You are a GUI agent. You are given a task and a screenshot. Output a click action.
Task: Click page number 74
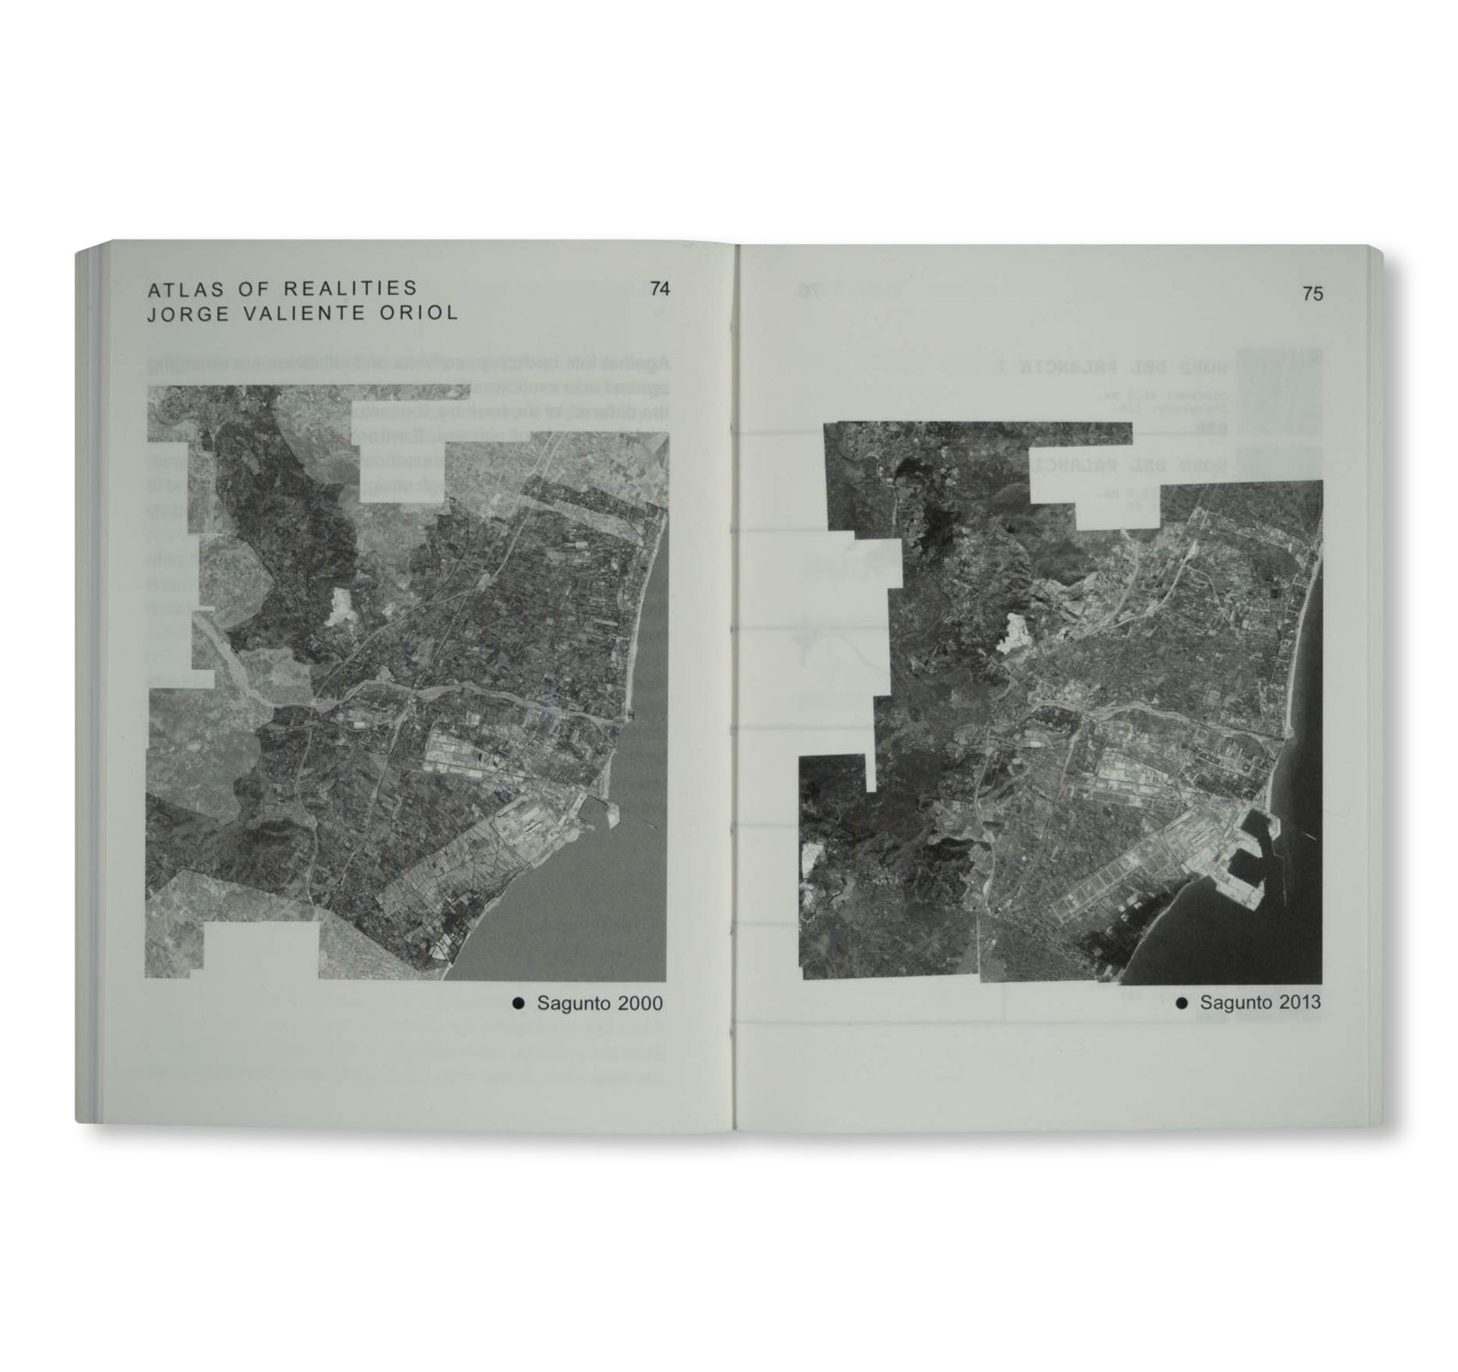660,289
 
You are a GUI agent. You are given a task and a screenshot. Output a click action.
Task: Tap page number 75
1312,294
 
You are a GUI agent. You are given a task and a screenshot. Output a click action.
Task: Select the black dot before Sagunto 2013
1181,1002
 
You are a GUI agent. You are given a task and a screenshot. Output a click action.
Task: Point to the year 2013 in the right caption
1298,1002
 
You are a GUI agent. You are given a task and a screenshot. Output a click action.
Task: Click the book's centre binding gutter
736,686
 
